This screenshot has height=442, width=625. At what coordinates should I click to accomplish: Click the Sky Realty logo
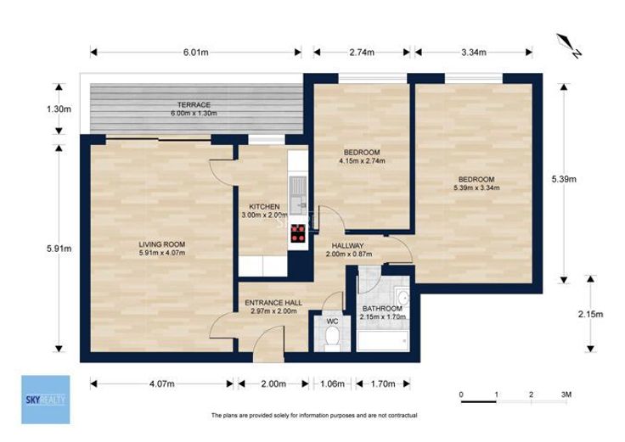pos(46,400)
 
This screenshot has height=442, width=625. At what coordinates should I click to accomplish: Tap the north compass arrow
pos(569,46)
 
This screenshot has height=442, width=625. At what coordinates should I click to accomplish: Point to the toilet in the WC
pos(332,338)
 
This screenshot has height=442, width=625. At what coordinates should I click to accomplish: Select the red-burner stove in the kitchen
pos(298,233)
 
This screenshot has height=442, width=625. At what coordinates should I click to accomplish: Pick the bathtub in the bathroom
pos(382,340)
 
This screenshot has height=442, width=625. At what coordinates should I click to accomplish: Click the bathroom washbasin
pos(402,298)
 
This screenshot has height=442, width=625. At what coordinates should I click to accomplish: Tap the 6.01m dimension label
pos(195,52)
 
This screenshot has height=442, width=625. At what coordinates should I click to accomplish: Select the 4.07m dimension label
pos(162,383)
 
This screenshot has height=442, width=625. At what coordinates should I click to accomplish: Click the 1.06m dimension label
pos(332,383)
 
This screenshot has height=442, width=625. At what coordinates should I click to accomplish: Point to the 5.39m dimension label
pos(564,179)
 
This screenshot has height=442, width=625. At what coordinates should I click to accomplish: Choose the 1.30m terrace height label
pos(59,109)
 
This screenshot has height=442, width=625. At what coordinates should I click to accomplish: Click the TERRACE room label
pos(194,104)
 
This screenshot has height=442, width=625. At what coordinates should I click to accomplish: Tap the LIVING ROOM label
pos(162,244)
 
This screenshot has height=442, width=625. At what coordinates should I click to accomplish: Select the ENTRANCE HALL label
pos(273,303)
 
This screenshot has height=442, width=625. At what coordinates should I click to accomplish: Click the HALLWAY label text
pos(347,246)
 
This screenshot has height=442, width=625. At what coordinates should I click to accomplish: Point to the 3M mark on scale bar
pos(566,394)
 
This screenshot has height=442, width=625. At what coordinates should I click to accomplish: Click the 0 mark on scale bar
pos(461,394)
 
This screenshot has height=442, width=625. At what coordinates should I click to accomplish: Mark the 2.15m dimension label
pos(591,314)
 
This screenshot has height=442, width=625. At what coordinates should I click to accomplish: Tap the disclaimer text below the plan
pos(314,416)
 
